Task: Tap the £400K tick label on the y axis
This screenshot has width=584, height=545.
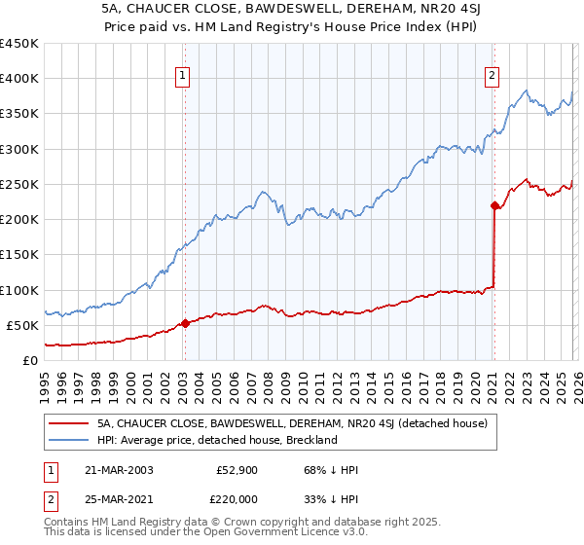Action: [19, 79]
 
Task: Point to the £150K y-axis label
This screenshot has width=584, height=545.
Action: [19, 255]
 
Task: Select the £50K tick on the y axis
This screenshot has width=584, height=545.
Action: [23, 325]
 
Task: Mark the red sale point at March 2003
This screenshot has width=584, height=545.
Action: [185, 323]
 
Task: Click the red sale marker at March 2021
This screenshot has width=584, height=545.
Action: [494, 205]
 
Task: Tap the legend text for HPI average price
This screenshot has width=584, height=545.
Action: [216, 440]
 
